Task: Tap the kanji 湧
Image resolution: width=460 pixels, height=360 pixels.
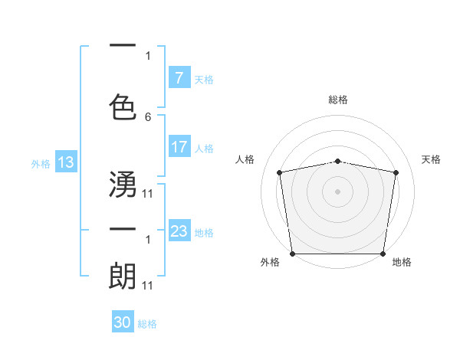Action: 123,185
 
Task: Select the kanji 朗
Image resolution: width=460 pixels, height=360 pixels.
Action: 123,276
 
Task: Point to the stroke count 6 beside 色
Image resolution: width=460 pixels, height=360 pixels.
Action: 148,116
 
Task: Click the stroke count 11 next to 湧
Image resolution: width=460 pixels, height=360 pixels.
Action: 148,193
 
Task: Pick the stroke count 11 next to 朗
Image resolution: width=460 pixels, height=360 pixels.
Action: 148,285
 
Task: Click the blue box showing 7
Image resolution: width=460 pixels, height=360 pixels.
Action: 179,78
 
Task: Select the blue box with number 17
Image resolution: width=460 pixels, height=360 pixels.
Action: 179,148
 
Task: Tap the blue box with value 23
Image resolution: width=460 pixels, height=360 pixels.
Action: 179,231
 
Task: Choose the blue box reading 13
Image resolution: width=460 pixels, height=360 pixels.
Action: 65,162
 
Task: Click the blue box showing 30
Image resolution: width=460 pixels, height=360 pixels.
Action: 123,323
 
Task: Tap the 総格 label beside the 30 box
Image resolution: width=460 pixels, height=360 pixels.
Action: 147,324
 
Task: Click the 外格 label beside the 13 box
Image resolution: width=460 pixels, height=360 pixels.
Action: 40,163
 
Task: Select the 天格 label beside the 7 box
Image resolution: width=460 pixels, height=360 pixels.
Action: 204,79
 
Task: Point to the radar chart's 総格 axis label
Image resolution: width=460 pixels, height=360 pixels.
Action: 338,100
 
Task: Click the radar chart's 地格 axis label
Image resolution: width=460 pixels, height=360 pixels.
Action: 402,263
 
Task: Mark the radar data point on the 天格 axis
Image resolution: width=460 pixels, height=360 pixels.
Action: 396,172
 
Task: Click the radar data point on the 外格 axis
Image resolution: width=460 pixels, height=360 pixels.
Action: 292,254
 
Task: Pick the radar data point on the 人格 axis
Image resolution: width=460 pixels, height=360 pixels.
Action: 280,172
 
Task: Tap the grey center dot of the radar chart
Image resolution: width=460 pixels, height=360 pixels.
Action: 338,191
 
